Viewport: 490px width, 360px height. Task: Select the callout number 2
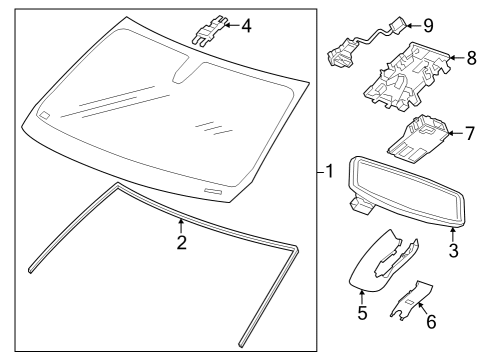click(x=180, y=241)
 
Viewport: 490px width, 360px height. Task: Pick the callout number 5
click(x=362, y=314)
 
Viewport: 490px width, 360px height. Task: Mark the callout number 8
click(x=470, y=61)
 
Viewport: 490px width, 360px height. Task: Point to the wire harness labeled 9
click(x=360, y=45)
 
